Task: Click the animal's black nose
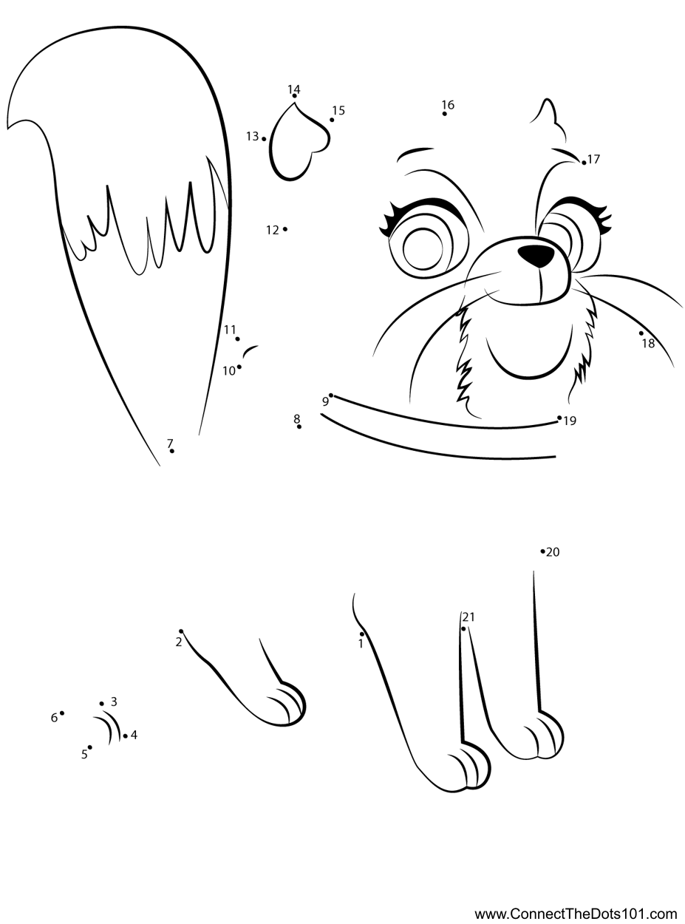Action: tap(536, 255)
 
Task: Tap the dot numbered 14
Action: tap(294, 96)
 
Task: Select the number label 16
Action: tap(448, 104)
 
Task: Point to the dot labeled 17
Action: tap(584, 163)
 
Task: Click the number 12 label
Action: tap(273, 230)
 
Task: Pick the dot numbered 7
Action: tap(172, 451)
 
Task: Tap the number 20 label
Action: tap(553, 552)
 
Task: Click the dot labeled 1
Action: tap(362, 634)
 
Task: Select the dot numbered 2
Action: tap(181, 631)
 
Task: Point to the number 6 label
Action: tap(54, 718)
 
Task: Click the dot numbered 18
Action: tap(641, 333)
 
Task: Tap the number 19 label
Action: tap(570, 421)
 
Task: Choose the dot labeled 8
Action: tap(299, 427)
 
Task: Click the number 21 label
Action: tap(468, 617)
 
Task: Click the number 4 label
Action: tap(134, 735)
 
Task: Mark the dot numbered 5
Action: tap(90, 747)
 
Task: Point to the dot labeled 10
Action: tap(239, 367)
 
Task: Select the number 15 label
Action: tap(338, 110)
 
